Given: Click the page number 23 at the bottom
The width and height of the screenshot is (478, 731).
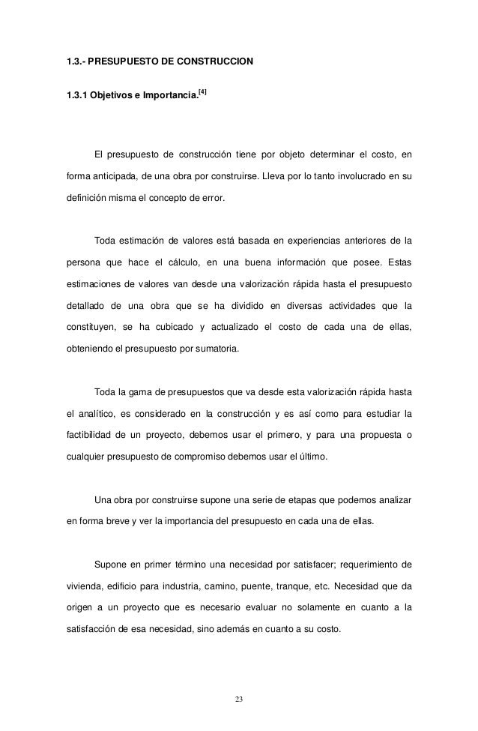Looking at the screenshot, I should pyautogui.click(x=239, y=699).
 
